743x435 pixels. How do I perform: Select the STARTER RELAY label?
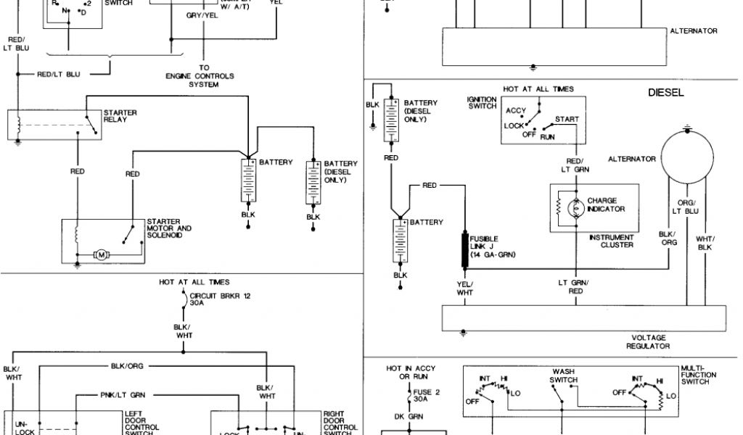click(x=120, y=116)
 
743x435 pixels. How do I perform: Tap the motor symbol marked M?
click(x=102, y=254)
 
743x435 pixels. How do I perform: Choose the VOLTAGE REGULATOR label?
click(x=649, y=341)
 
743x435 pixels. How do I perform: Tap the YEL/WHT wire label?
click(x=464, y=287)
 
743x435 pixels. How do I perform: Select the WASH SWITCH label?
click(x=563, y=376)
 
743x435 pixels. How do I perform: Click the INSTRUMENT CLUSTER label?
click(x=612, y=241)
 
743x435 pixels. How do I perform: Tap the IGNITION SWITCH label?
click(x=483, y=102)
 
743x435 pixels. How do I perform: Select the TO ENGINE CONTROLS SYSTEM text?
click(x=203, y=75)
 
